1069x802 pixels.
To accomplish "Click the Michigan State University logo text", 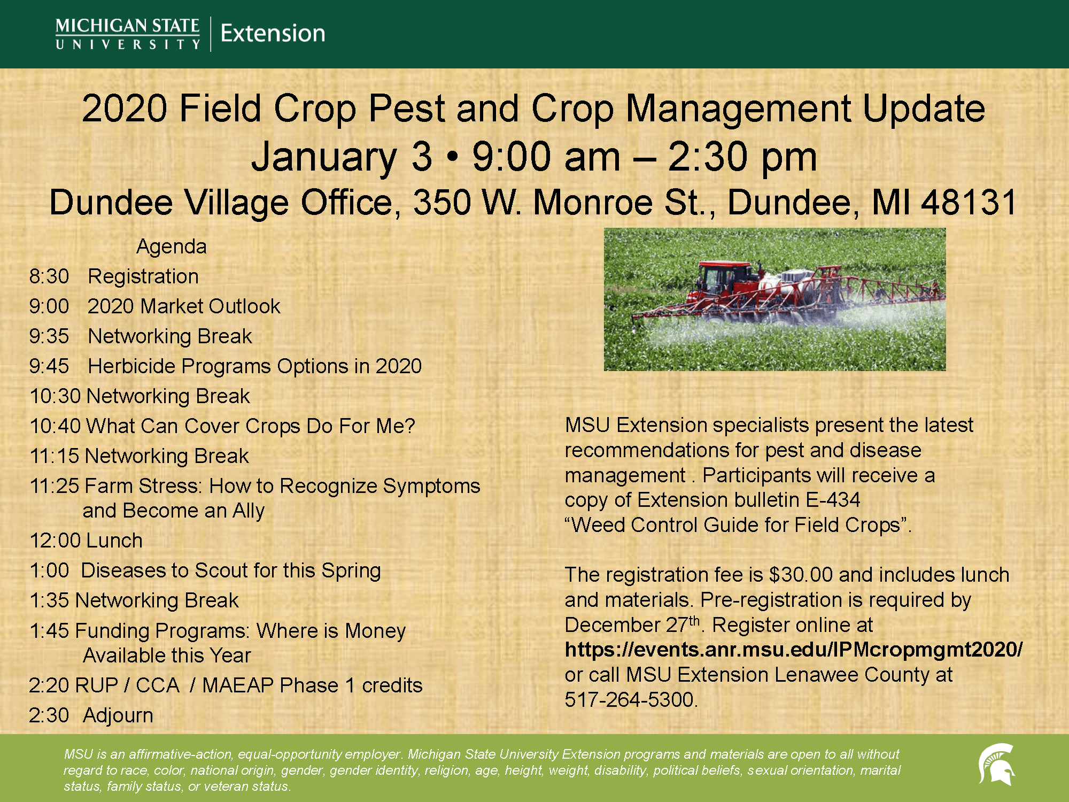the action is click(x=128, y=34).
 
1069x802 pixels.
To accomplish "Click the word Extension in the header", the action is click(x=273, y=33).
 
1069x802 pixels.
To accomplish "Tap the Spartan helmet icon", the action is click(x=996, y=765).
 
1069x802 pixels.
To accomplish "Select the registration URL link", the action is click(x=794, y=650).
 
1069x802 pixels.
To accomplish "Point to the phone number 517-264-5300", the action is click(x=631, y=699).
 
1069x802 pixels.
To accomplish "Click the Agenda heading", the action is click(x=172, y=246).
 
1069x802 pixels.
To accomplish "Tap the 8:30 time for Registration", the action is click(x=49, y=276).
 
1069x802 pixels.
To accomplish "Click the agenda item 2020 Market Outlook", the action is click(x=184, y=306).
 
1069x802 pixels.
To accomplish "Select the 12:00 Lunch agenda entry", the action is click(x=86, y=541).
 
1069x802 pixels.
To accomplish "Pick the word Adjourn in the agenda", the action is click(x=118, y=715).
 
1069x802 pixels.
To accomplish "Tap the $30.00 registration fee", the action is click(x=801, y=575).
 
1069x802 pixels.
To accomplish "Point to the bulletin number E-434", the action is click(x=833, y=500).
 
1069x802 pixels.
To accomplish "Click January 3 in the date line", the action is click(x=342, y=157).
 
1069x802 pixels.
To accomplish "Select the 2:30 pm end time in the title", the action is click(x=742, y=157).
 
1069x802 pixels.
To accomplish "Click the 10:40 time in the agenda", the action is click(x=56, y=426).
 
